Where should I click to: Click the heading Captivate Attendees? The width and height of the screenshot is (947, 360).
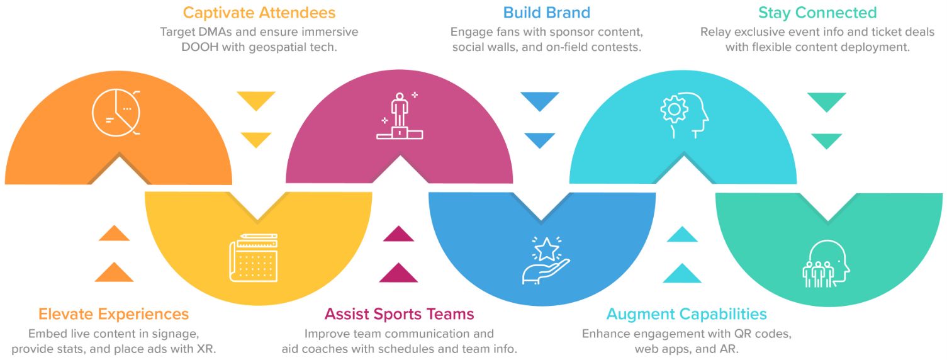(259, 13)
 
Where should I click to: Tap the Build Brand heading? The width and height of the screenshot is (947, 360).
(546, 13)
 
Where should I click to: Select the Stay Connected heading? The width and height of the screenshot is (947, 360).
(817, 13)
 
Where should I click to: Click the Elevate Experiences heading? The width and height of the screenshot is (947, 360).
(113, 314)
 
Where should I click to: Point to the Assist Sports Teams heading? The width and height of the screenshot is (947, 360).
(399, 314)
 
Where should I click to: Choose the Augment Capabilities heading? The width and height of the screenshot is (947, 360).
(686, 314)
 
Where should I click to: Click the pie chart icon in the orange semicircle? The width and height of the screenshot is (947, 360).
(116, 113)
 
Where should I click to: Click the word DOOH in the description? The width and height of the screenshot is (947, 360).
(179, 48)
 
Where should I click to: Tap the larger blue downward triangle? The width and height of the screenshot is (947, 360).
(539, 101)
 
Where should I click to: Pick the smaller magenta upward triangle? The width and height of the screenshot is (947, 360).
(399, 235)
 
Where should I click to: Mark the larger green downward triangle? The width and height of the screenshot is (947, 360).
(827, 101)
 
